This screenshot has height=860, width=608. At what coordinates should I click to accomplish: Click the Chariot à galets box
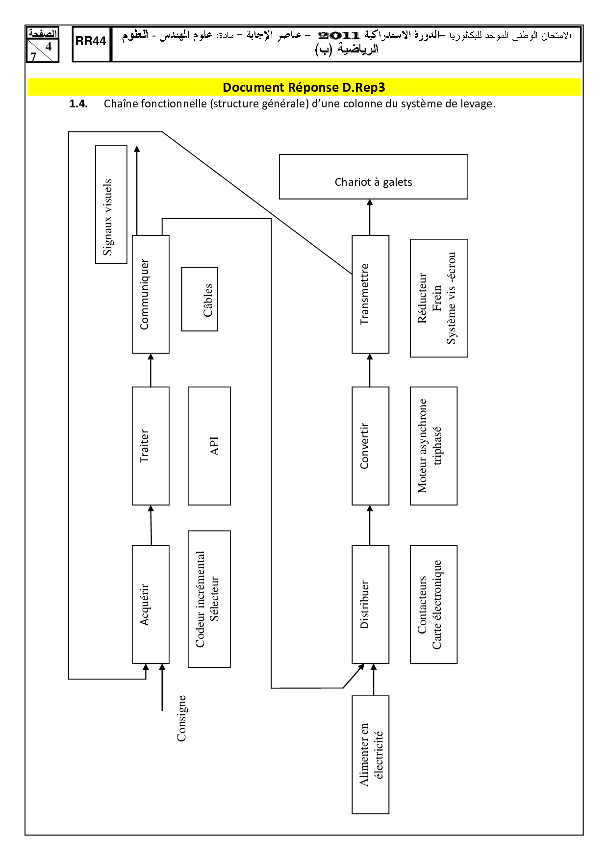373,177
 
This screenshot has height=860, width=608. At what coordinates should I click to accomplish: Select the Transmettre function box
370,294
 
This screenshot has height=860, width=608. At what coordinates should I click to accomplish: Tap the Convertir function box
370,446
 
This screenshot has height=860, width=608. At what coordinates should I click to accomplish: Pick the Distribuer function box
370,604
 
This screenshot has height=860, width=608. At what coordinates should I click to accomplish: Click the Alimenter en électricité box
370,754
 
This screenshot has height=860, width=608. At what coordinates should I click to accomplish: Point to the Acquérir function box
151,604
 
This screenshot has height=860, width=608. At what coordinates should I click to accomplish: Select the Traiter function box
151,446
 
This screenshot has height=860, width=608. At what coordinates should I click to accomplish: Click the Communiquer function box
151,294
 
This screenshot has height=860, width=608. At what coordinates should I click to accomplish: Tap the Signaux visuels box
111,204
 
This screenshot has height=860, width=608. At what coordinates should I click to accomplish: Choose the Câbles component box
200,299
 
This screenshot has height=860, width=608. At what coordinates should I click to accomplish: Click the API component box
209,446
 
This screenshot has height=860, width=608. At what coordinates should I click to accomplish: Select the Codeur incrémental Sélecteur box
209,599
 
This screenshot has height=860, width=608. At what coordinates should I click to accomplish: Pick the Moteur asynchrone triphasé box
433,446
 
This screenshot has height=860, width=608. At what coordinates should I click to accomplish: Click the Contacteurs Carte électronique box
433,604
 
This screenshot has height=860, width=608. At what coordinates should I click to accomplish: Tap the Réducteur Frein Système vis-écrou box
439,298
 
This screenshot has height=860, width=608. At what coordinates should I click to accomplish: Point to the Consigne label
181,718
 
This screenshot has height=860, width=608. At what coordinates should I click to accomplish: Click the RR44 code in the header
91,42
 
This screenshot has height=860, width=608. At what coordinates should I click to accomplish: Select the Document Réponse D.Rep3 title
304,87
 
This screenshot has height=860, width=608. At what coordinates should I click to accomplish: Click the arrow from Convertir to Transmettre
370,370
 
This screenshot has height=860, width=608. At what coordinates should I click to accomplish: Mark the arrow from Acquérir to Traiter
151,525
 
